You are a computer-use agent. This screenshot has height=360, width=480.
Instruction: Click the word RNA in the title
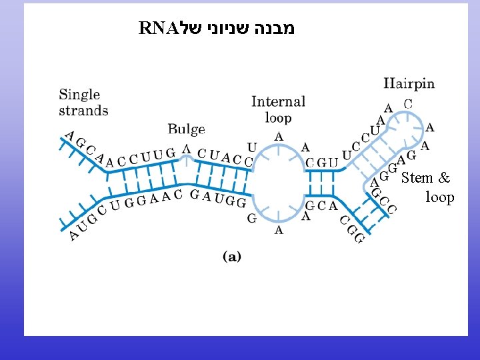pos(157,28)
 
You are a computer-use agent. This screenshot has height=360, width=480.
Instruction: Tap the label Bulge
pos(186,129)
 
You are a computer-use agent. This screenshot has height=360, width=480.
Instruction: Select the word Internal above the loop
pos(278,102)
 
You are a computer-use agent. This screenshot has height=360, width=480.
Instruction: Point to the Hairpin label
pos(409,84)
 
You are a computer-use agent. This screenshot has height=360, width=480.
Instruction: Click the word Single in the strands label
pos(79,95)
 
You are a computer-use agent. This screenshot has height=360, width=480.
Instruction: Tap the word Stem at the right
pos(417,178)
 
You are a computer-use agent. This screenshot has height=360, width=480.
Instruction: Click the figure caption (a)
pos(231,256)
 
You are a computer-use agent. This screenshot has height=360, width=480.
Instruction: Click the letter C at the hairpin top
pos(408,105)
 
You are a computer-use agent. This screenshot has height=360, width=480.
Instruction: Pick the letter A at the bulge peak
pos(187,149)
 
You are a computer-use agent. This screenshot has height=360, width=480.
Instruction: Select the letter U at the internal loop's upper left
pos(251,147)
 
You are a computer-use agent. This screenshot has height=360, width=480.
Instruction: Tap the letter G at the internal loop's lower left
pos(252,219)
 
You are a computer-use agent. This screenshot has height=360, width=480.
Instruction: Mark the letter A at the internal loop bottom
pos(279,230)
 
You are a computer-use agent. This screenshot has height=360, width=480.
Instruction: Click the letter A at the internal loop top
pos(279,137)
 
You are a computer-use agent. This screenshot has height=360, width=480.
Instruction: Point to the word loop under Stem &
pos(439,197)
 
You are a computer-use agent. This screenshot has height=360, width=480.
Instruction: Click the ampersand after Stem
pos(445,178)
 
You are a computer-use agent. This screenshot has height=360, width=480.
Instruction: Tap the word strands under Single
pos(83,110)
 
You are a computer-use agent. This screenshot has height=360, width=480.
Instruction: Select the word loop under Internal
pos(278,118)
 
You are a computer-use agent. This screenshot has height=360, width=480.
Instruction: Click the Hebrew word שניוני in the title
pos(228,28)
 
